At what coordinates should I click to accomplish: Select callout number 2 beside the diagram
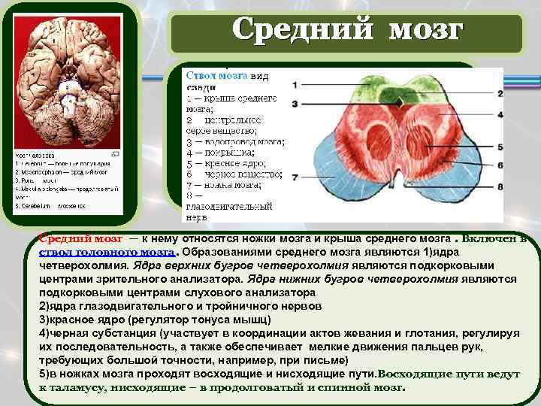coord(500,93)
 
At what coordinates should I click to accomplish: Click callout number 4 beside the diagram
coord(500,114)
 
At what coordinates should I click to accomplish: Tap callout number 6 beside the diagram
coord(500,163)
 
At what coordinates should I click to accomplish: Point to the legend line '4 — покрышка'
coord(225,151)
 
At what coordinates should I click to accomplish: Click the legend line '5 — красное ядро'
coord(230,162)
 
